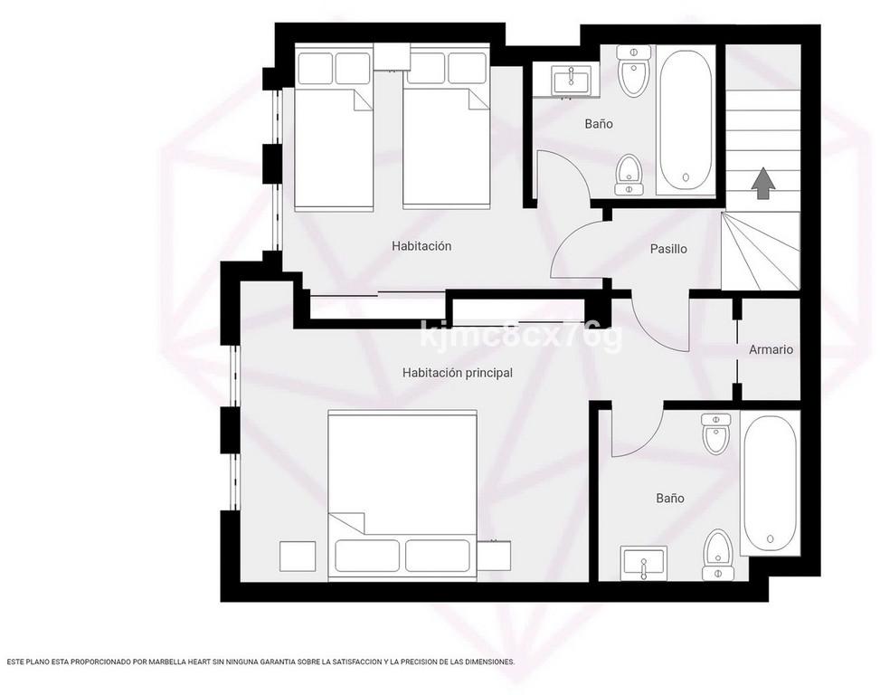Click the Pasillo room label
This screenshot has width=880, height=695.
668,248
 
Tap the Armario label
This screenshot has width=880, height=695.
771,349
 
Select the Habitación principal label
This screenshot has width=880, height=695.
458,373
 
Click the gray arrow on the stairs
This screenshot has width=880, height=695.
763,183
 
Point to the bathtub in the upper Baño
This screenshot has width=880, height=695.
686,120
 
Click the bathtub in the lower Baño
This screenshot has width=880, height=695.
770,483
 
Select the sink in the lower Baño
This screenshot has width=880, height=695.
643,564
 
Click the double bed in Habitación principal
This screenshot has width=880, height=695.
402,493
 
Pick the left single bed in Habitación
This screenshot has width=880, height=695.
334,131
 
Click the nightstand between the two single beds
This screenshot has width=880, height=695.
392,56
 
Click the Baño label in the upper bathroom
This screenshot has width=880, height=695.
599,123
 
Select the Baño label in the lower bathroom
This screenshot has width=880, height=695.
670,498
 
